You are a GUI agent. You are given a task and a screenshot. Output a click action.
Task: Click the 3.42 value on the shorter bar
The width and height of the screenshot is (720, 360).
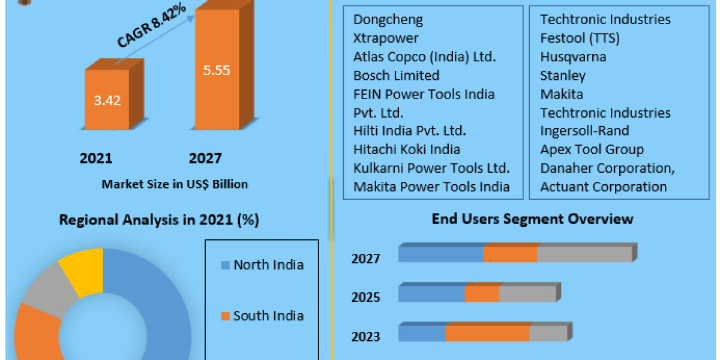pyautogui.click(x=107, y=100)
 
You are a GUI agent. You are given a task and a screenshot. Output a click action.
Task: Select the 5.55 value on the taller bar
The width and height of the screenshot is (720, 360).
pyautogui.click(x=216, y=70)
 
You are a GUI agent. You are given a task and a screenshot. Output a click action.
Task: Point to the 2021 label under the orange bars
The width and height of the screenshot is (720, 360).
pyautogui.click(x=96, y=158)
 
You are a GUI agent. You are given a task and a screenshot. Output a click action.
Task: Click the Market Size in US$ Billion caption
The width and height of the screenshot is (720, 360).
pyautogui.click(x=175, y=184)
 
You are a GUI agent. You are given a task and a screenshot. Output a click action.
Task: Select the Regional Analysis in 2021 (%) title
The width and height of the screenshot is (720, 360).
pyautogui.click(x=159, y=220)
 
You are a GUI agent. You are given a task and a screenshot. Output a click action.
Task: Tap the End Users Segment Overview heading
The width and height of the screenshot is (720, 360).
pyautogui.click(x=532, y=218)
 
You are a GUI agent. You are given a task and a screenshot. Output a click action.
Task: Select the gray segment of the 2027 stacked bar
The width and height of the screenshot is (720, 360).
pyautogui.click(x=584, y=254)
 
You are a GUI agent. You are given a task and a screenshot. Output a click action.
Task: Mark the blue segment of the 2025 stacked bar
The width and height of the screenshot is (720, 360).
pyautogui.click(x=431, y=294)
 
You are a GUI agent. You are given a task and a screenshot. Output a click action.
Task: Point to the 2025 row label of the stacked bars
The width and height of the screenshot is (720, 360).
pyautogui.click(x=366, y=297)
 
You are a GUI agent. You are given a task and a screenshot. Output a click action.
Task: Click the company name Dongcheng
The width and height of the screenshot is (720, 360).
pyautogui.click(x=388, y=19)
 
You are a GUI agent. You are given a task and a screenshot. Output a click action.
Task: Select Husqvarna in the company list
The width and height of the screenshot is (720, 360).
pyautogui.click(x=573, y=57)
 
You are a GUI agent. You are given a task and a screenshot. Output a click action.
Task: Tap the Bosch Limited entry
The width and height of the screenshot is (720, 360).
pyautogui.click(x=396, y=76)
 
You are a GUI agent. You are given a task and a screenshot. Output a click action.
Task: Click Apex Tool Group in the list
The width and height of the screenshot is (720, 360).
pyautogui.click(x=592, y=149)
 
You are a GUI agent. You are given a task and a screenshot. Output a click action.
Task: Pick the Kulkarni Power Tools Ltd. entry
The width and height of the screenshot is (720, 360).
pyautogui.click(x=431, y=168)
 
